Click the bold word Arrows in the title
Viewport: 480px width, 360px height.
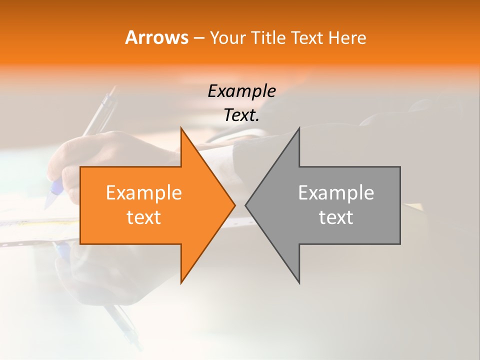(x=156, y=37)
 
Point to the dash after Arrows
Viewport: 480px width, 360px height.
(x=198, y=38)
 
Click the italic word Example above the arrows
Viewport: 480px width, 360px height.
(x=242, y=91)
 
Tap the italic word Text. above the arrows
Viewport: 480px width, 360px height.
(x=242, y=115)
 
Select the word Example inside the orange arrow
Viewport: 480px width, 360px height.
(x=144, y=193)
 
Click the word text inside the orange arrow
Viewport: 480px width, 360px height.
(x=144, y=217)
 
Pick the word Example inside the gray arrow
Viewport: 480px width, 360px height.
(x=336, y=193)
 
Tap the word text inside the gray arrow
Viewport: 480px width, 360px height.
(x=336, y=217)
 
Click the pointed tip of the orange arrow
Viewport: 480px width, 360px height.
(x=235, y=205)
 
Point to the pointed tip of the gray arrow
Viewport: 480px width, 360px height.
(x=245, y=205)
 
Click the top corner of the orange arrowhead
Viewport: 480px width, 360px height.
(x=181, y=128)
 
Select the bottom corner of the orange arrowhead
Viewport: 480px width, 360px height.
(x=181, y=283)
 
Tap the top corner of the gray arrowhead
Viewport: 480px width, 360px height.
(x=299, y=128)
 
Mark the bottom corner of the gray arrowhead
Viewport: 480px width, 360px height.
(x=299, y=283)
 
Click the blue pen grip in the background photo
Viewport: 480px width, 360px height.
(x=53, y=192)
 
